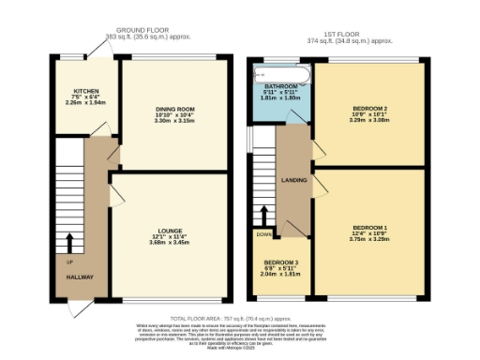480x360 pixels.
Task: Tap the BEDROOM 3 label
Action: (x=281, y=262)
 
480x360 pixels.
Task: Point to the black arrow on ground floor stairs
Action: (x=67, y=242)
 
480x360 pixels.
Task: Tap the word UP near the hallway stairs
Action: (x=68, y=262)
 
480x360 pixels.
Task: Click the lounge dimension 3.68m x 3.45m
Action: (x=170, y=243)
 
